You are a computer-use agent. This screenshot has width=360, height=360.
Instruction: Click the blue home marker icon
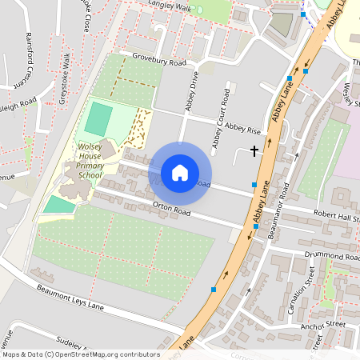click(x=180, y=172)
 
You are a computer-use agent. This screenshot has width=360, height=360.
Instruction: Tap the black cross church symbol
click(x=255, y=150)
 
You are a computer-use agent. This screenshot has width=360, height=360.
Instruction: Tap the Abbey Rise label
click(x=243, y=128)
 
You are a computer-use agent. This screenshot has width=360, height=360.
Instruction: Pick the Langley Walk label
click(x=170, y=7)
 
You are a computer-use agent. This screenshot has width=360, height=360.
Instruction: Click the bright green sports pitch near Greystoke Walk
click(x=98, y=118)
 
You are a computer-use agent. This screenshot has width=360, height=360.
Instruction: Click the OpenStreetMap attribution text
click(x=81, y=354)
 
